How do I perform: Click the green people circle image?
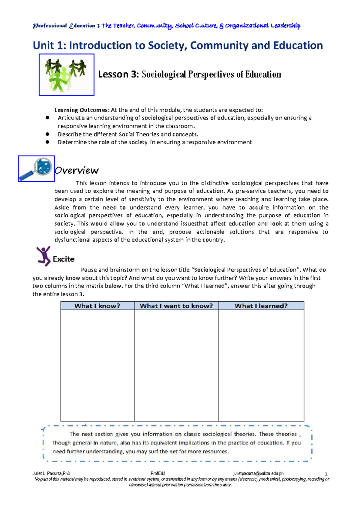[x=66, y=75]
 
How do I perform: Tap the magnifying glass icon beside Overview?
[x=36, y=169]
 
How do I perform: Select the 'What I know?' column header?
[x=97, y=306]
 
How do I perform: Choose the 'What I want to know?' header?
[x=176, y=306]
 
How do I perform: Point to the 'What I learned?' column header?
[x=261, y=306]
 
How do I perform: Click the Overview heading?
[x=76, y=170]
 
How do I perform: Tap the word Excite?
[x=64, y=259]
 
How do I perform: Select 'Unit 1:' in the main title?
[x=49, y=46]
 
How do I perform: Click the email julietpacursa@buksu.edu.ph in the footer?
[x=258, y=474]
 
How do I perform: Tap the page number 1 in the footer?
[x=326, y=474]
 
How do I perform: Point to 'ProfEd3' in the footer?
[x=158, y=474]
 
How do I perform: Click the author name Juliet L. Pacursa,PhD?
[x=51, y=474]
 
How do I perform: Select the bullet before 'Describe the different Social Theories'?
[x=47, y=134]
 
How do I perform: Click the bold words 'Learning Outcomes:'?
[x=82, y=110]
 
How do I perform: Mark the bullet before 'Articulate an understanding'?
[x=47, y=118]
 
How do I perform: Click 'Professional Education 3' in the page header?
[x=66, y=26]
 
